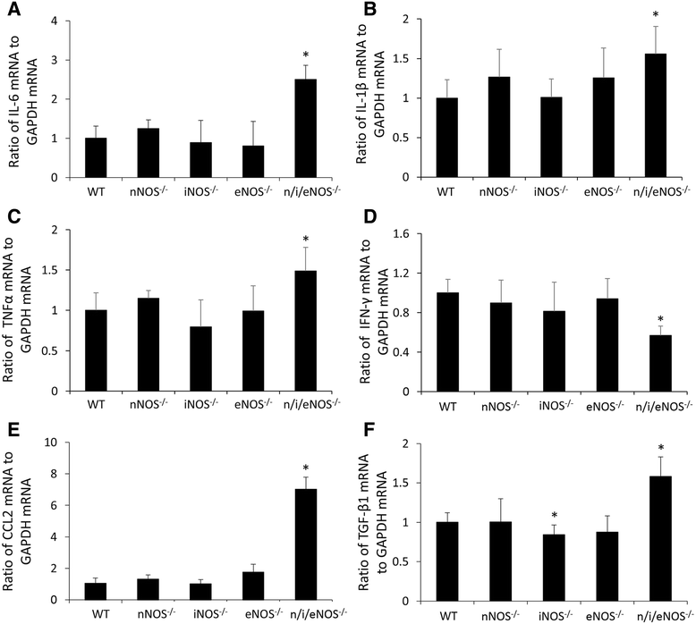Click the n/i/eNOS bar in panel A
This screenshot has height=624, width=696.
click(x=306, y=129)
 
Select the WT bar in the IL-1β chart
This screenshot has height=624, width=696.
click(x=447, y=138)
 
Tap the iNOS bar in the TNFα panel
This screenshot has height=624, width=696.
click(x=200, y=358)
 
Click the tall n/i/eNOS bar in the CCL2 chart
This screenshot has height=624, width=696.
click(x=306, y=544)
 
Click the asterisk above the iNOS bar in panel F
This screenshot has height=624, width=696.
click(x=555, y=515)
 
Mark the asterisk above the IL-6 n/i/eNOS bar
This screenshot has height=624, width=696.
click(x=306, y=55)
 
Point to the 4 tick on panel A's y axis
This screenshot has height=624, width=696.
click(x=55, y=21)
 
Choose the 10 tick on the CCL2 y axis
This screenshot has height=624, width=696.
click(x=52, y=443)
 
